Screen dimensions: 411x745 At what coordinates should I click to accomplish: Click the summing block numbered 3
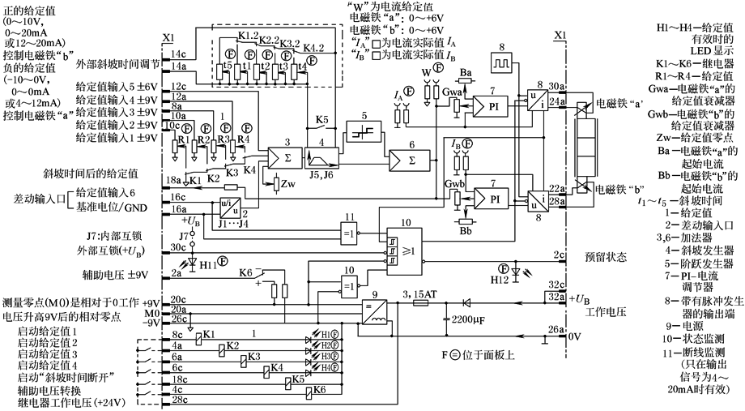[284, 157]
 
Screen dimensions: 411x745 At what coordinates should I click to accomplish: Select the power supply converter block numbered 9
[372, 309]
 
